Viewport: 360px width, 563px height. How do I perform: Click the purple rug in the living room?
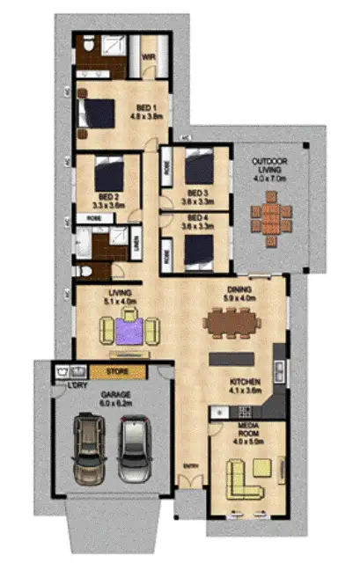click(129, 331)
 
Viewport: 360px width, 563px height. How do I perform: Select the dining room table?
click(233, 324)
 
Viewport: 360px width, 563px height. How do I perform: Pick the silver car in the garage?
click(136, 451)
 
